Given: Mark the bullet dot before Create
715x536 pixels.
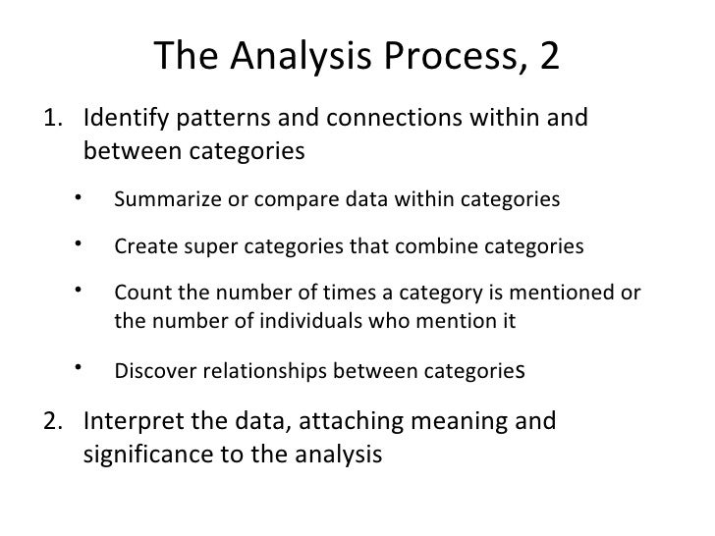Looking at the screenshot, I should tap(75, 242).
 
